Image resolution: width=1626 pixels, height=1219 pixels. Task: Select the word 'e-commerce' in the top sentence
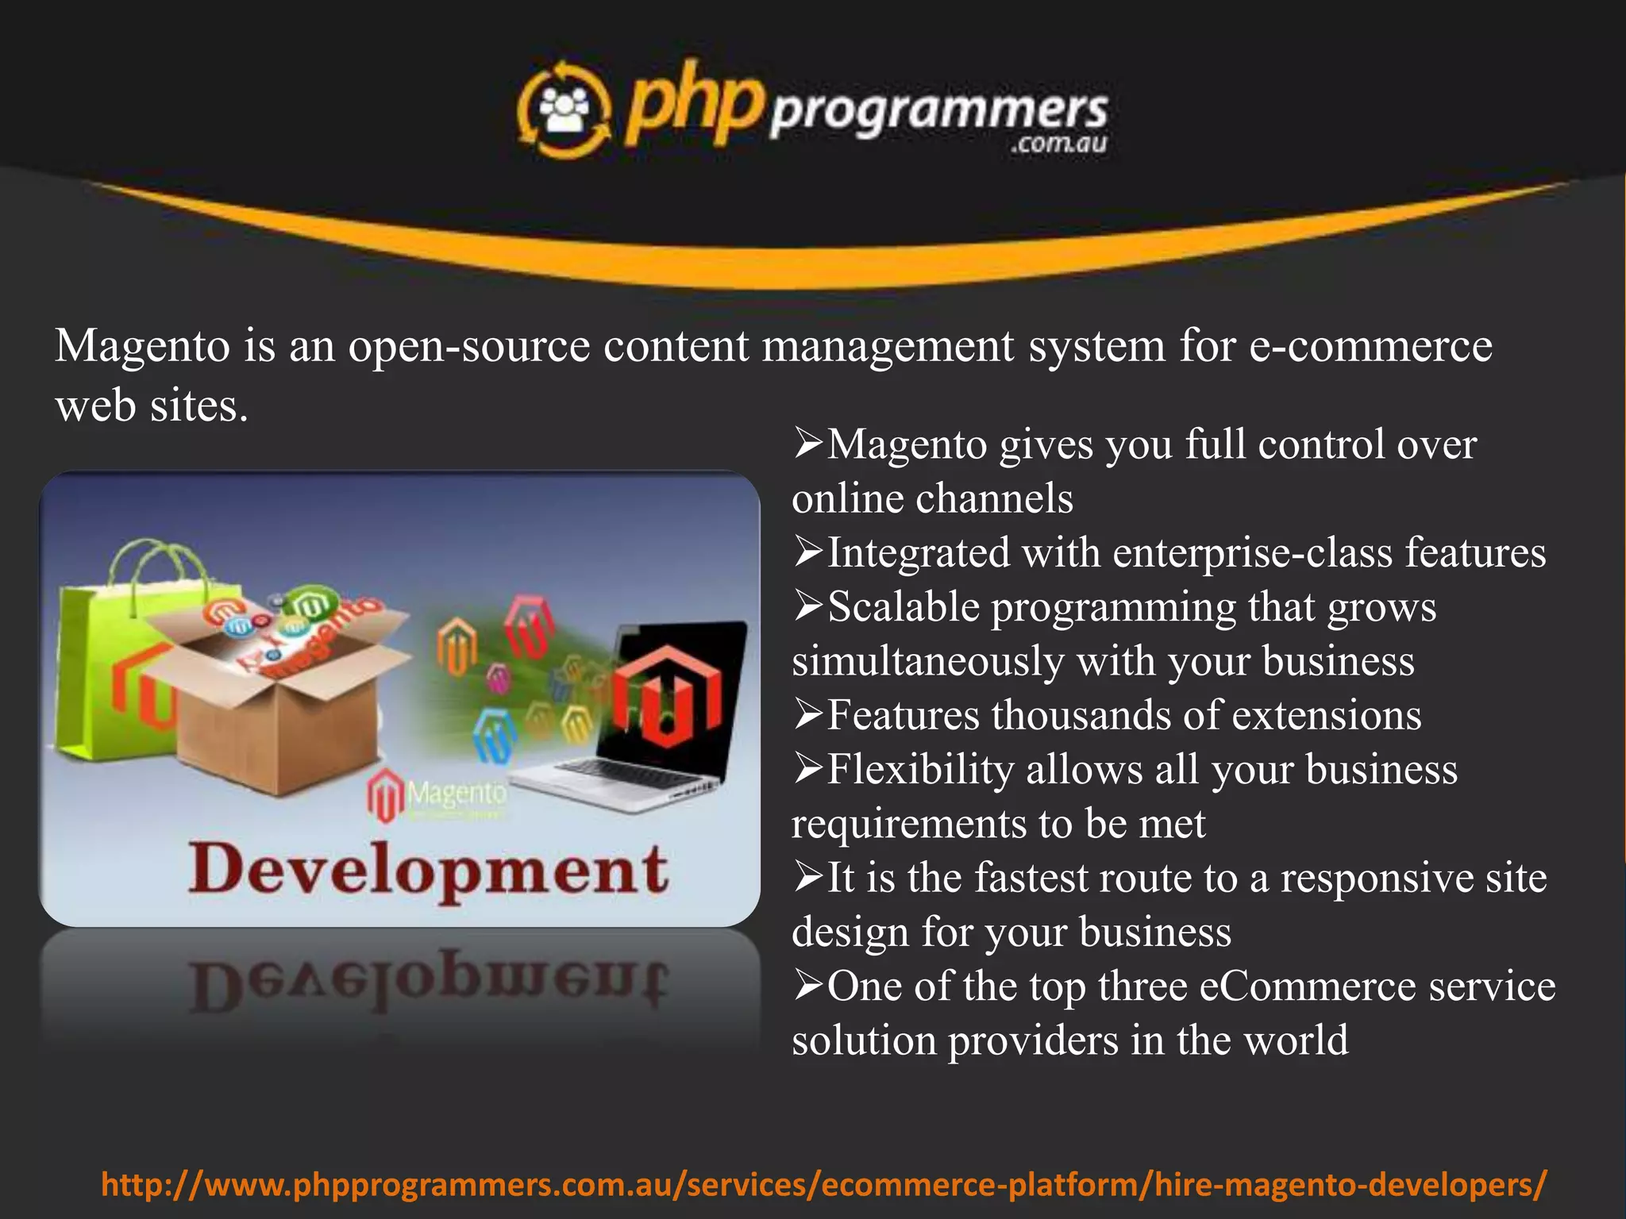click(1370, 347)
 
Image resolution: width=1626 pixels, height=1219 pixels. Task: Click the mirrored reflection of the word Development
click(429, 984)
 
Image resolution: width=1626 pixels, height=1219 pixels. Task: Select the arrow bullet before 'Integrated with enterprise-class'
click(808, 553)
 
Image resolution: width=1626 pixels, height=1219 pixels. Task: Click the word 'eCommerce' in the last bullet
click(1307, 986)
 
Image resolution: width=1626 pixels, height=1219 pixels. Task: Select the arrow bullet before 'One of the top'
click(808, 987)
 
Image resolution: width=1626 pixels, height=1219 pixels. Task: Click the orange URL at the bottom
click(824, 1185)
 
